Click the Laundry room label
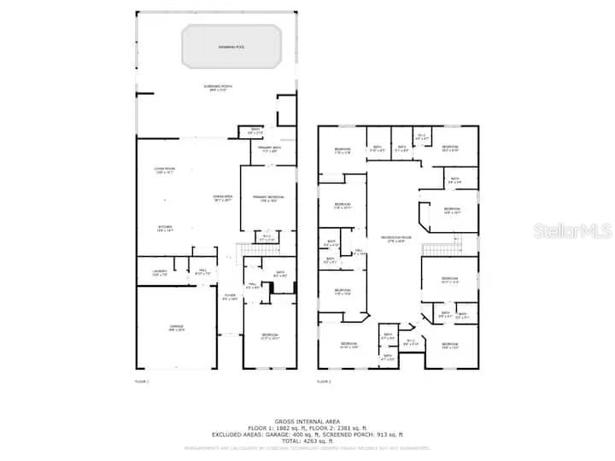click(x=159, y=273)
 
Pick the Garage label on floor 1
click(x=176, y=327)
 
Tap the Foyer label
click(x=230, y=298)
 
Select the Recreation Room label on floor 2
click(x=395, y=238)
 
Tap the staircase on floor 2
click(x=436, y=249)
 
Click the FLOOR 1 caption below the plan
click(x=142, y=381)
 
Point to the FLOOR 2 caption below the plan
click(x=324, y=381)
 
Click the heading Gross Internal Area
click(x=307, y=422)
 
